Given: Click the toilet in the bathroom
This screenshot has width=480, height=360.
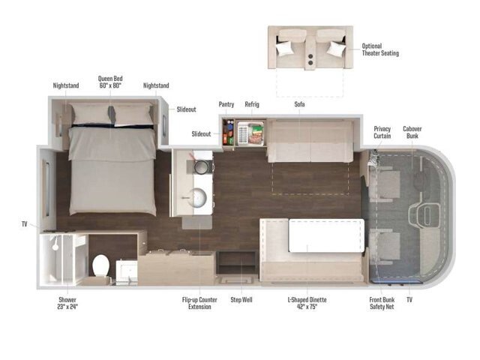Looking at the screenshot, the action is click(100, 265).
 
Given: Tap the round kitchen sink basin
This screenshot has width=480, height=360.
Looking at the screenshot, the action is click(197, 198).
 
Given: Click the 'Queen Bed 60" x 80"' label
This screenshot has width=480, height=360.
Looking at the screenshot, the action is click(110, 82).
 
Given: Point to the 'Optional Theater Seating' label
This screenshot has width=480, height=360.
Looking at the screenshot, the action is click(380, 49).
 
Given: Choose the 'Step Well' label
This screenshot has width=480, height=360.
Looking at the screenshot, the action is click(241, 300).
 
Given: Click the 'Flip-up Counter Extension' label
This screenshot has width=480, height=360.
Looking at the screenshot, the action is click(199, 303).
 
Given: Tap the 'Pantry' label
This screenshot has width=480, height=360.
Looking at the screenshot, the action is click(226, 104).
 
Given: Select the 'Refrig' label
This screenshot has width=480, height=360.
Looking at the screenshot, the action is click(252, 104).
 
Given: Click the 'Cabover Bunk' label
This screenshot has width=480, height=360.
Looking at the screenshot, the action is click(412, 132).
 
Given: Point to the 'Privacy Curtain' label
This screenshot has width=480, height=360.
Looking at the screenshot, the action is click(382, 132).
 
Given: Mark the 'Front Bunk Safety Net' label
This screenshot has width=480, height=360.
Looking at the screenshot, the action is click(382, 303).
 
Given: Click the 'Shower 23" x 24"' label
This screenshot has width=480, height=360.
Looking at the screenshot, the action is click(67, 303).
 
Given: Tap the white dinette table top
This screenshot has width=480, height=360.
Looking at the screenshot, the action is click(326, 235).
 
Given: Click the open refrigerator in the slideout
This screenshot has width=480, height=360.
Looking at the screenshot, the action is click(250, 133).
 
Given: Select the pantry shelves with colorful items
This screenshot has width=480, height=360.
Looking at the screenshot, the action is click(228, 132).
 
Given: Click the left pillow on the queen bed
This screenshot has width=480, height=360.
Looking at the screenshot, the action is click(91, 115).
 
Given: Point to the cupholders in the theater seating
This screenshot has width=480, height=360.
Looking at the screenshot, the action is click(310, 59).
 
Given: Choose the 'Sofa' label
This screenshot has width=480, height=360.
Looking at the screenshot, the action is click(299, 104).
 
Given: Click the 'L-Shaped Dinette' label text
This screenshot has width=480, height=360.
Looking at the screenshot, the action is click(307, 300).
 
